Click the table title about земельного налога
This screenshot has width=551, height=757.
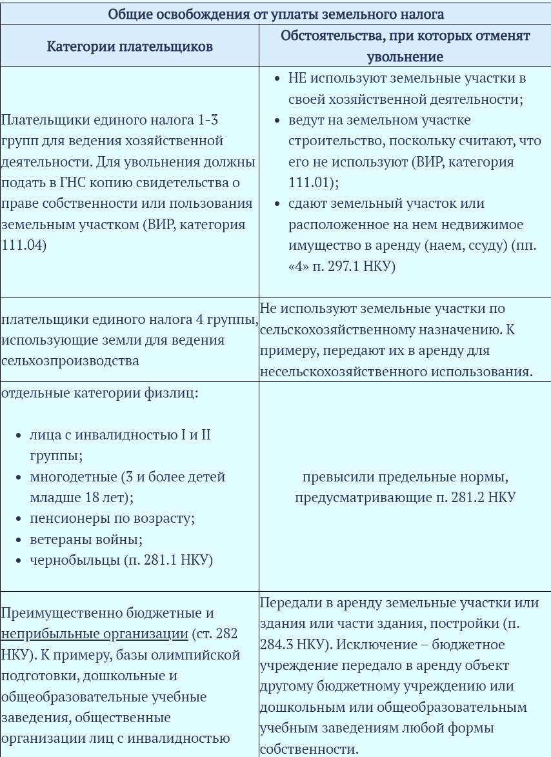pos(275,13)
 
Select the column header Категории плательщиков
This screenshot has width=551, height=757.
pos(130,46)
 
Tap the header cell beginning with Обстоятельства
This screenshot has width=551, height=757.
pos(405,46)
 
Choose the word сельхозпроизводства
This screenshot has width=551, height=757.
pos(70,360)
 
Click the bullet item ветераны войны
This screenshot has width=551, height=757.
pos(86,539)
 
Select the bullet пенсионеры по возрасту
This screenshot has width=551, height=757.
pos(112,518)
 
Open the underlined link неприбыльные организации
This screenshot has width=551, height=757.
pos(94,633)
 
